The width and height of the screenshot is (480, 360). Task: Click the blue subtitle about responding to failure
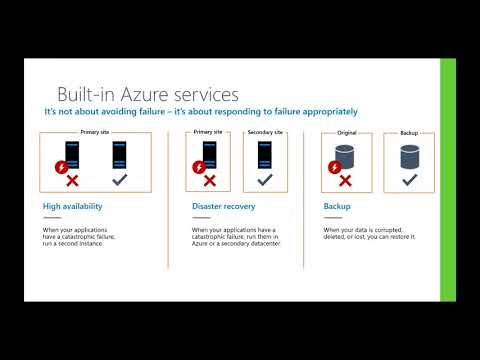click(x=200, y=112)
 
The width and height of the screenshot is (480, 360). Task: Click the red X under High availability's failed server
click(x=71, y=180)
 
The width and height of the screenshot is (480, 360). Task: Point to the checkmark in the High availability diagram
click(x=118, y=180)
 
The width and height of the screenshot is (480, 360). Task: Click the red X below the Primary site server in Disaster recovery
click(x=208, y=180)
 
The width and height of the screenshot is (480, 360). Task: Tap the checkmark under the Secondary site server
click(x=264, y=180)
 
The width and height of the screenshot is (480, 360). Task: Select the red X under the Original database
click(x=345, y=180)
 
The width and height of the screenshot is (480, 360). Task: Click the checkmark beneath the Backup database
click(x=408, y=180)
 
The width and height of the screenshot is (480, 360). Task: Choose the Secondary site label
click(x=264, y=132)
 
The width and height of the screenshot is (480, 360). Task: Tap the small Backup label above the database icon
click(x=408, y=132)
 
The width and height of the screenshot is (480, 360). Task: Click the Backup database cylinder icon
click(x=408, y=156)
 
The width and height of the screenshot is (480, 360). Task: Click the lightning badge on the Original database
click(x=333, y=165)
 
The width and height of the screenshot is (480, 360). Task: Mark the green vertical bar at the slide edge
click(x=448, y=180)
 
